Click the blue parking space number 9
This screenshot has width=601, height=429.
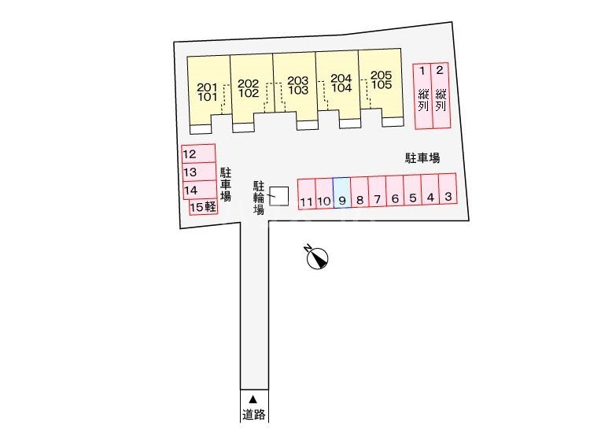pyautogui.click(x=341, y=192)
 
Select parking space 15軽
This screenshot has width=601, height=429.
pyautogui.click(x=204, y=207)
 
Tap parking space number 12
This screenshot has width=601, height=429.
pyautogui.click(x=198, y=153)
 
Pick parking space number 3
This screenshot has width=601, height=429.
pyautogui.click(x=448, y=190)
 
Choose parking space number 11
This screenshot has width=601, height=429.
pyautogui.click(x=307, y=194)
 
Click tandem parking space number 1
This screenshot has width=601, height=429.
pyautogui.click(x=422, y=96)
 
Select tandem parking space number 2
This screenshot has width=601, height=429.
pyautogui.click(x=441, y=95)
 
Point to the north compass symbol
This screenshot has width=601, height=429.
pyautogui.click(x=317, y=258)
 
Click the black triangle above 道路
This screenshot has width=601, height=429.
pyautogui.click(x=253, y=400)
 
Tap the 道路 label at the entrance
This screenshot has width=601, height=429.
pyautogui.click(x=254, y=414)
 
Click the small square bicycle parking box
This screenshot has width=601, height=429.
pyautogui.click(x=278, y=196)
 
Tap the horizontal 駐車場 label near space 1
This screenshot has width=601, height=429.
pyautogui.click(x=422, y=158)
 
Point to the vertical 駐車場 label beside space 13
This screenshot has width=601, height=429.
pyautogui.click(x=226, y=184)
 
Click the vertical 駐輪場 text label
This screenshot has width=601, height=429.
pyautogui.click(x=259, y=198)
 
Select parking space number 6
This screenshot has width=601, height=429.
pyautogui.click(x=394, y=191)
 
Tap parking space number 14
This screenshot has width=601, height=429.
pyautogui.click(x=199, y=190)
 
